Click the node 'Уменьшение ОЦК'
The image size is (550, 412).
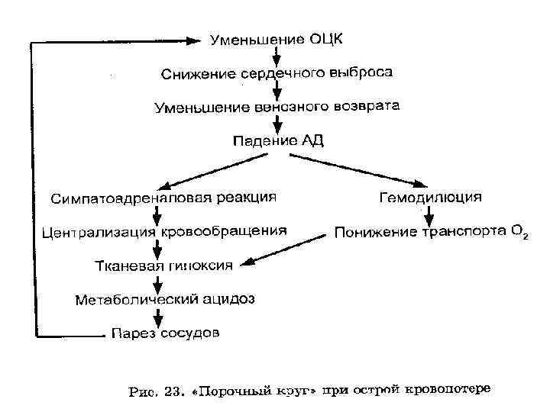(x=277, y=39)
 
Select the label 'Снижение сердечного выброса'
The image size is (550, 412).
(x=277, y=74)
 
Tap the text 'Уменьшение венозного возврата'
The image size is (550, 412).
(x=277, y=107)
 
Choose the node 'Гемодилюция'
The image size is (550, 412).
(x=431, y=198)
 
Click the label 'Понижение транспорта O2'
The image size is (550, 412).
(x=428, y=231)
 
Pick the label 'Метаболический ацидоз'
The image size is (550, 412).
(x=163, y=299)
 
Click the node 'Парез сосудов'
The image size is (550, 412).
(x=164, y=333)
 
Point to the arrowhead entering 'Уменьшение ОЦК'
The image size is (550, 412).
(x=199, y=39)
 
